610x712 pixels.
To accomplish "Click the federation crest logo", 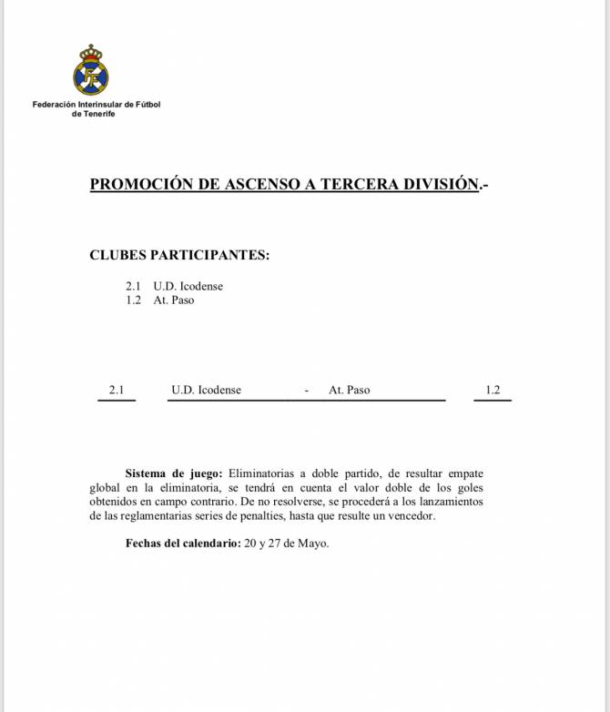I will pyautogui.click(x=90, y=70).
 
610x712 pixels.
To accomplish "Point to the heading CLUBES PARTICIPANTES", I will pyautogui.click(x=179, y=255).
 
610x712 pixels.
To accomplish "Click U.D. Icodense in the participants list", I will pyautogui.click(x=188, y=286).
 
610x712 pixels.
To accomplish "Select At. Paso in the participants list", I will pyautogui.click(x=174, y=300).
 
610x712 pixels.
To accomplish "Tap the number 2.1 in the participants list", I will pyautogui.click(x=133, y=286).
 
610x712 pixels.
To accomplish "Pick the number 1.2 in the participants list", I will pyautogui.click(x=133, y=300).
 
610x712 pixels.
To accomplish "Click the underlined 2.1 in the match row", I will pyautogui.click(x=116, y=390).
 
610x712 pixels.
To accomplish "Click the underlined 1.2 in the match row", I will pyautogui.click(x=493, y=390).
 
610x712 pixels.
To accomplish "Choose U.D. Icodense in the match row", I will pyautogui.click(x=207, y=390).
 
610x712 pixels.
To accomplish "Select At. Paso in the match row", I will pyautogui.click(x=350, y=390).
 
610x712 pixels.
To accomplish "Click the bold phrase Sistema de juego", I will pyautogui.click(x=173, y=473).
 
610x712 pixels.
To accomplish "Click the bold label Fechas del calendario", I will pyautogui.click(x=183, y=544).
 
